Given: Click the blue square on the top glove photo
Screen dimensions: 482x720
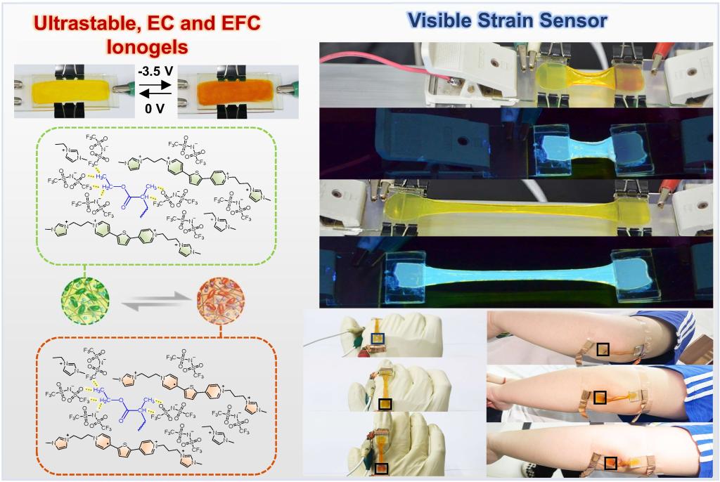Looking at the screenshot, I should point(379,339).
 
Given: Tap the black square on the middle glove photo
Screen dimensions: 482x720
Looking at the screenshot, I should point(385,403).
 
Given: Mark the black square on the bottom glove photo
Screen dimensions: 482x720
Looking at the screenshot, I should point(381,468).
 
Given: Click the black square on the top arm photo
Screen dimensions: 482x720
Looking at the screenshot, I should point(603,349).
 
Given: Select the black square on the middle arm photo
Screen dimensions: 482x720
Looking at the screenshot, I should point(600,398).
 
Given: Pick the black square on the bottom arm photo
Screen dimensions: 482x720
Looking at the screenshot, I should point(611,462).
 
